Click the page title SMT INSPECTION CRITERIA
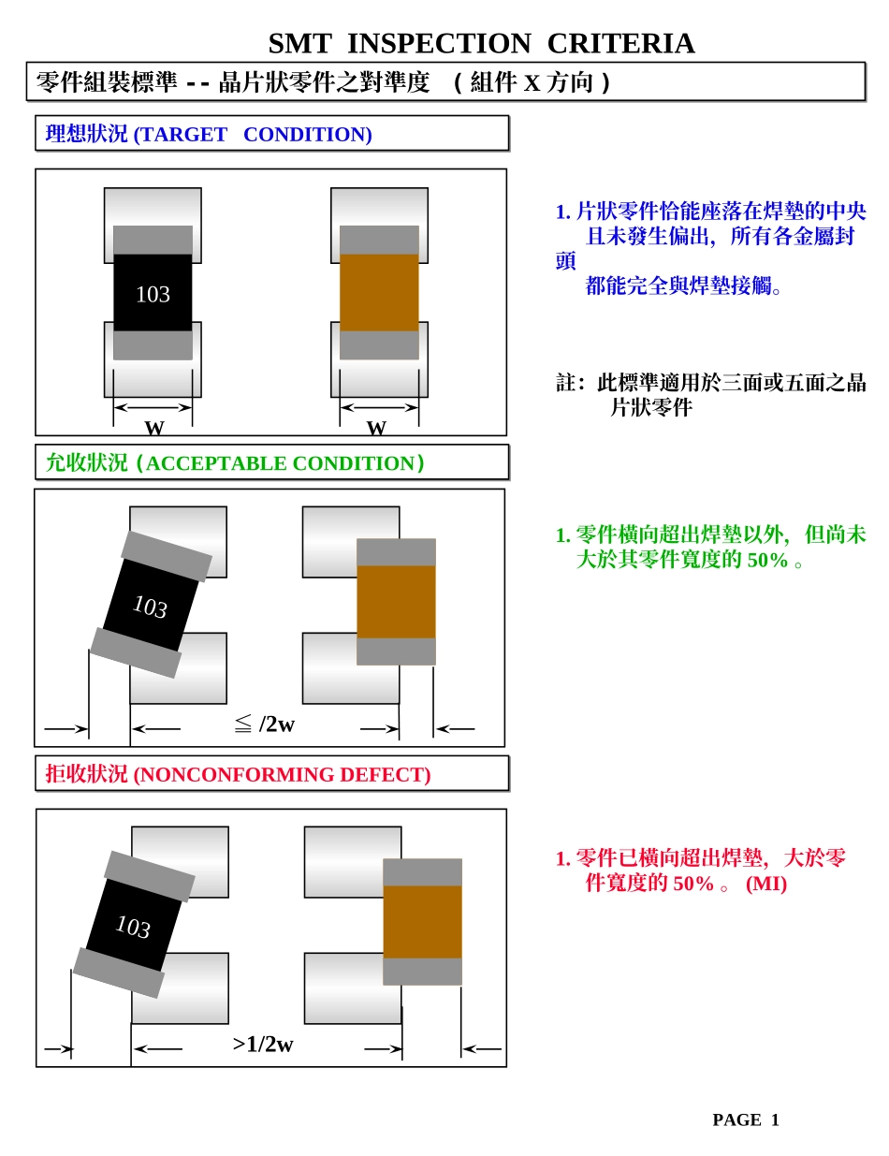481,44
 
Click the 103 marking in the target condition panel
153,294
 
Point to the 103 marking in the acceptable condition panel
150,607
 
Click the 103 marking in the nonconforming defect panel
133,927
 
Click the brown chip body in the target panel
379,292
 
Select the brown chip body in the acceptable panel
396,602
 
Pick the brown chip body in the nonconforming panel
422,922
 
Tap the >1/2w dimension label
263,1045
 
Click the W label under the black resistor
153,428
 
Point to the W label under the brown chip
376,428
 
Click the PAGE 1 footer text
745,1119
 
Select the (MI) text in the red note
765,884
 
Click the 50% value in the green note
767,561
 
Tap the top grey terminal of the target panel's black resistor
153,240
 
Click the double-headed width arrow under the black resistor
153,407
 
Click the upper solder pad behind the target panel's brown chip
379,205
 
